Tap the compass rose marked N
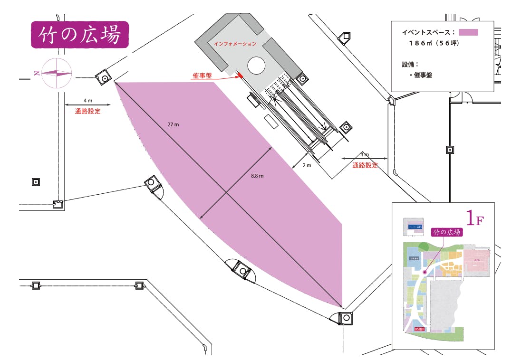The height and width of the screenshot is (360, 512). [56, 73]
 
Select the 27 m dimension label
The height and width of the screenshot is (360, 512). [174, 124]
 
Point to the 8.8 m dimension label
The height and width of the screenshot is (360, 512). [257, 176]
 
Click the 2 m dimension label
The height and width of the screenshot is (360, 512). [307, 166]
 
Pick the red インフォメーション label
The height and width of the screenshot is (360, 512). [235, 44]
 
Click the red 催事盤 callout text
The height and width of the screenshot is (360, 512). [203, 76]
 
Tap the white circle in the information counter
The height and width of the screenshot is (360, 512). [256, 66]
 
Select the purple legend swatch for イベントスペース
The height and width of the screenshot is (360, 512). [468, 32]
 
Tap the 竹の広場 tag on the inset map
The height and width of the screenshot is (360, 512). [446, 232]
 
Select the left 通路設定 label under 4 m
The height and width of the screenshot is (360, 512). [88, 112]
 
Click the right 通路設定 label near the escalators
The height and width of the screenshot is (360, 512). [365, 166]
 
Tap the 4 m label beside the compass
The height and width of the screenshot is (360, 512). [88, 101]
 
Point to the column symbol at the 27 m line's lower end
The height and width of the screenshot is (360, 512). [346, 318]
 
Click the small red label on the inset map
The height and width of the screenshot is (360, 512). [419, 329]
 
